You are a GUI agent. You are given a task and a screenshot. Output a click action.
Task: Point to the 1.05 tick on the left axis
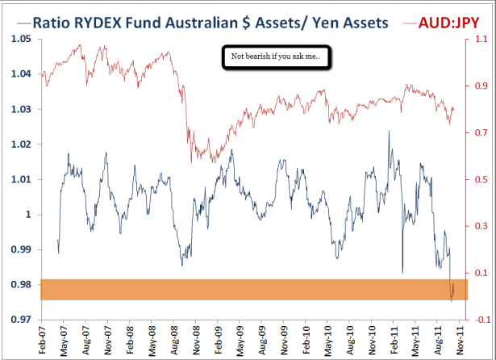[x=19, y=40]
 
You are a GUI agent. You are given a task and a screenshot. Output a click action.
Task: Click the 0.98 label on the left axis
[x=19, y=284]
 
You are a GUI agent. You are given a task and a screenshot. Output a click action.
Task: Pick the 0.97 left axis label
[x=19, y=320]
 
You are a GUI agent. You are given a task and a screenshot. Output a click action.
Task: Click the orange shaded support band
[x=242, y=290]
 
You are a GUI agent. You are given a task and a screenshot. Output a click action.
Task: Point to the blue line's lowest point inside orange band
[x=452, y=300]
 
